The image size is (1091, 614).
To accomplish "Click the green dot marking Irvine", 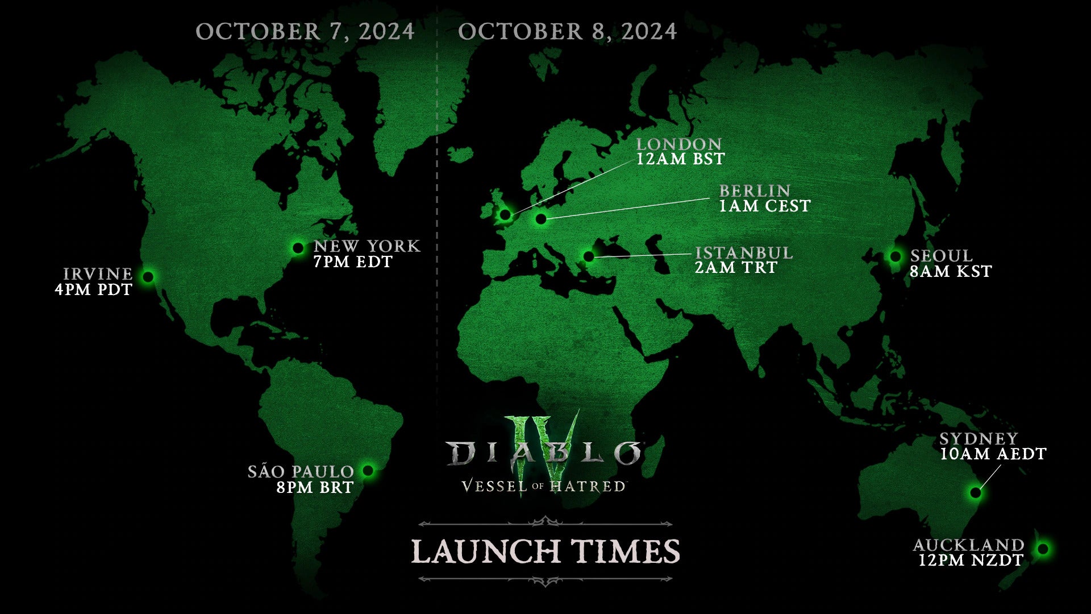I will tap(148, 277).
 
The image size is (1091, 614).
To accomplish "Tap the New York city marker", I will tap(298, 248).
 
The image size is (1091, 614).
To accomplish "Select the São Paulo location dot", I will tap(368, 471).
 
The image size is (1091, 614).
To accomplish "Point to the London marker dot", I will tap(505, 214).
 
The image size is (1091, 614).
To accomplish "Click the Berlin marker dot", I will tap(540, 218).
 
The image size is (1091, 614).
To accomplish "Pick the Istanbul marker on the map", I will tap(589, 256).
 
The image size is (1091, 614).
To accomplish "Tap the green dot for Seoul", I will tap(895, 256).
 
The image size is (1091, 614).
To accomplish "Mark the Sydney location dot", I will tap(976, 492).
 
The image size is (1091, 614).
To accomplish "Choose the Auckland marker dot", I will tap(1042, 549).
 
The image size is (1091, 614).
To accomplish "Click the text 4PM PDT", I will tap(94, 290).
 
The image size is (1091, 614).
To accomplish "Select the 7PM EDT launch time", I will tap(353, 262).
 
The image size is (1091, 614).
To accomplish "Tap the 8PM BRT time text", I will tap(315, 488).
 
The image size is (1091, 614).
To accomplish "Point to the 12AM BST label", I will tap(680, 159).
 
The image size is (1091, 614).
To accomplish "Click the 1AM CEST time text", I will tap(765, 206).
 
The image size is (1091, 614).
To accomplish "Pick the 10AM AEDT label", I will tap(993, 454).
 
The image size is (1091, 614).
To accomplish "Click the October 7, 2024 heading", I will tap(305, 31).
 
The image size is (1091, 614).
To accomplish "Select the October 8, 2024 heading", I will tap(567, 31).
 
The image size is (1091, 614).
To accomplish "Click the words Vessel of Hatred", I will tap(544, 487).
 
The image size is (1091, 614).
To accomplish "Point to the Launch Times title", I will tap(545, 551).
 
